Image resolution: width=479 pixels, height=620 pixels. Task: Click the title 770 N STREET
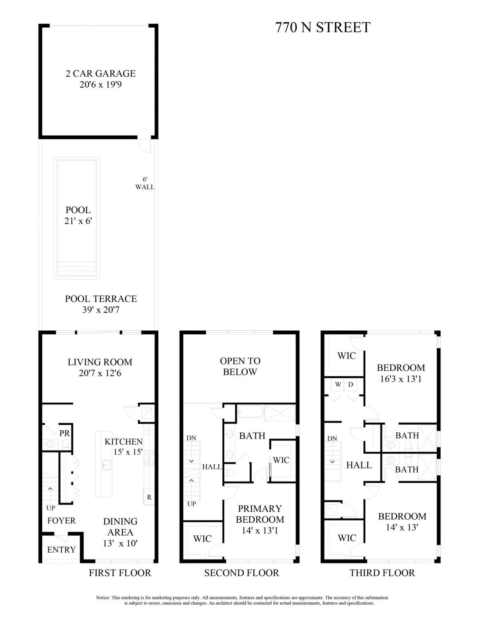(323, 27)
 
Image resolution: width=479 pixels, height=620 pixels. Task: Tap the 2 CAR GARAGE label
(100, 73)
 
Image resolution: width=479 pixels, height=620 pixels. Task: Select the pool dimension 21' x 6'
(78, 221)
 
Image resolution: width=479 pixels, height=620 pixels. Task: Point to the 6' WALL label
(145, 183)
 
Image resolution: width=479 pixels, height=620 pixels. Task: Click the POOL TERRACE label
(101, 299)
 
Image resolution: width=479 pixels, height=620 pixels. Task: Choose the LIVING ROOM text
(100, 362)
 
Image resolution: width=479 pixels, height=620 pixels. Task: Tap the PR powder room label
(64, 433)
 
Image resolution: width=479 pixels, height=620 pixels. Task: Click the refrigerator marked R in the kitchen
(149, 497)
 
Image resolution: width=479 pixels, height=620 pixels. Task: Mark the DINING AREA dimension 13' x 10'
(120, 543)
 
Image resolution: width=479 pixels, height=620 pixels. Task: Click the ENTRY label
(61, 550)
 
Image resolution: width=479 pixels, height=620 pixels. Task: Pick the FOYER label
(61, 520)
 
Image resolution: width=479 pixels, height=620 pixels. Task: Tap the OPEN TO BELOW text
(240, 366)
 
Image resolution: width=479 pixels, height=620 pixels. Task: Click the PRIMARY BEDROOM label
(260, 514)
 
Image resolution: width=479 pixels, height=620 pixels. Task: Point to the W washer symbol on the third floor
(338, 384)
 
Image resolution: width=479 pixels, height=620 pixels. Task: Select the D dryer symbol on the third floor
(351, 384)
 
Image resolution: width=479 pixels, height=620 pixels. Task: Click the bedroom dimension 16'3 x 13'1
(401, 379)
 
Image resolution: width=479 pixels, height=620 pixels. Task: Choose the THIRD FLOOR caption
(382, 573)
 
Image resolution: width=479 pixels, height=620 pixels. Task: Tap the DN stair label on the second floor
(191, 438)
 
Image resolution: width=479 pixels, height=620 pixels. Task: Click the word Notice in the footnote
(103, 598)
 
